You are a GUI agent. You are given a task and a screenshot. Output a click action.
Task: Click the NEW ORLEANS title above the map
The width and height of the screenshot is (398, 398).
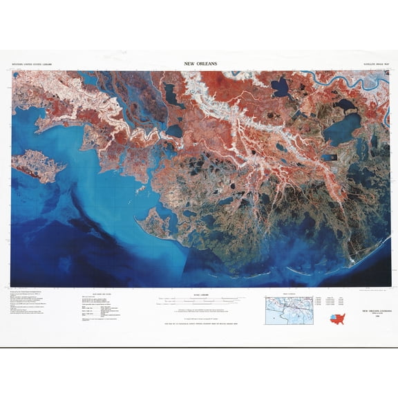201,64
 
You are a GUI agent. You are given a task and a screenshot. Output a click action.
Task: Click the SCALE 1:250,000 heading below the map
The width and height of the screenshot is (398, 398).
199,294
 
